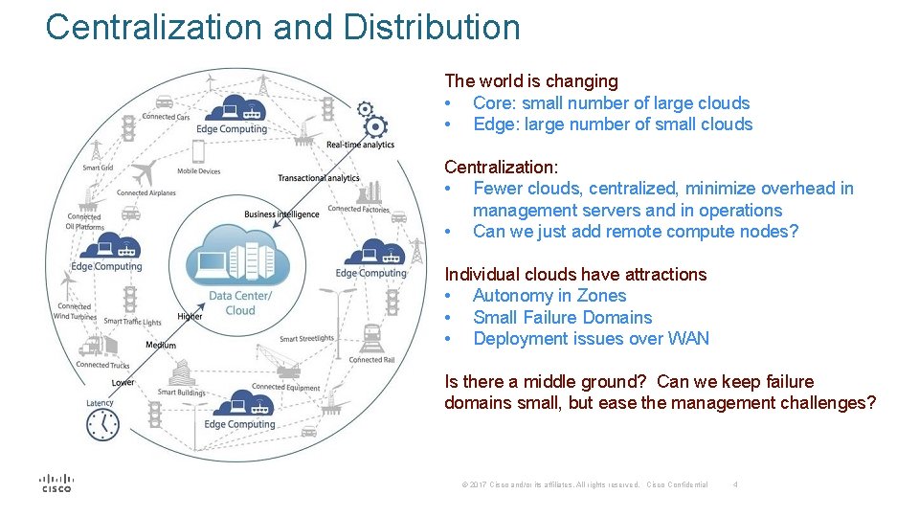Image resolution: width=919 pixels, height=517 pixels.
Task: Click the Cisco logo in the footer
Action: (x=56, y=483)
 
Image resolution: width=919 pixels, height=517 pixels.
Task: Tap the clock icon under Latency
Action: (x=102, y=424)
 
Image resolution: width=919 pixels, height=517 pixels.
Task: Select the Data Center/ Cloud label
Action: (x=240, y=303)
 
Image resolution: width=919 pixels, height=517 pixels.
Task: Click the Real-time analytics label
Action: (x=360, y=145)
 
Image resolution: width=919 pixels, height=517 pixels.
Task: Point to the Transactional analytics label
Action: (x=319, y=178)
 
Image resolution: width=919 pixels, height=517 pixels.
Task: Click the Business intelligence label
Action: (x=281, y=214)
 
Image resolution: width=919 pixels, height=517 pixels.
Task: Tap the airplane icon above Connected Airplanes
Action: (x=144, y=175)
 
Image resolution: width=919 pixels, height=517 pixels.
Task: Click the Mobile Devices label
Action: (x=199, y=171)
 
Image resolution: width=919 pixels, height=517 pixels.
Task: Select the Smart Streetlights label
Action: (x=306, y=338)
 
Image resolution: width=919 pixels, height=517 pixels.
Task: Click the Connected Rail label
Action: (x=372, y=360)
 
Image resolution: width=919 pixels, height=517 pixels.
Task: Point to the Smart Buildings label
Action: (x=181, y=392)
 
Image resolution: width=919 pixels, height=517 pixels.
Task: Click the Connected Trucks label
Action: (x=102, y=365)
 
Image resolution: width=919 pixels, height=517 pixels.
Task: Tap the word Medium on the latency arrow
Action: (x=161, y=345)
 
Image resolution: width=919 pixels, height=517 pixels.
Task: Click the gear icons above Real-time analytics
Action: (x=371, y=120)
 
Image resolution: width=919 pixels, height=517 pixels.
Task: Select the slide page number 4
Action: (x=734, y=485)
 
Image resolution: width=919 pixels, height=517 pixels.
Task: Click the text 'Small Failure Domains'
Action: (x=562, y=317)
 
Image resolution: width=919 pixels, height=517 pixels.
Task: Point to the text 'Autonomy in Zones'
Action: (x=549, y=296)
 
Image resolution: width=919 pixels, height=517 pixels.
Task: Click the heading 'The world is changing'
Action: (x=530, y=81)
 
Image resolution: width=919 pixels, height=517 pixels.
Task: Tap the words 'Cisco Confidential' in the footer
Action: (x=677, y=485)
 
